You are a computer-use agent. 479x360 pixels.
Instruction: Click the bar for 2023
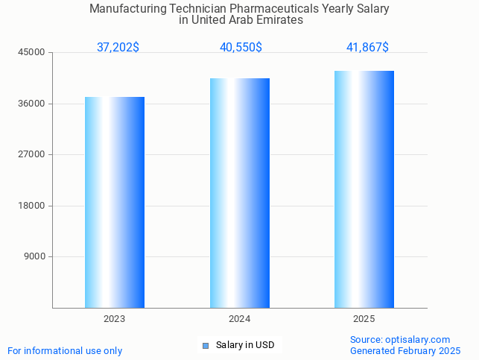pyautogui.click(x=115, y=202)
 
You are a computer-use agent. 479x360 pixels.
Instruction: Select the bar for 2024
pyautogui.click(x=240, y=193)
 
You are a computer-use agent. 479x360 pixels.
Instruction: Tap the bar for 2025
pyautogui.click(x=364, y=189)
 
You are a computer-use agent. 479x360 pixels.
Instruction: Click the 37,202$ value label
pyautogui.click(x=118, y=47)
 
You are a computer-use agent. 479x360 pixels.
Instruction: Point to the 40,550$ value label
pyautogui.click(x=241, y=47)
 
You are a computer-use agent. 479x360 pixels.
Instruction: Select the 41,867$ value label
pyautogui.click(x=367, y=47)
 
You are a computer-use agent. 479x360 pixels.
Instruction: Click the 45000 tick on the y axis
pyautogui.click(x=33, y=52)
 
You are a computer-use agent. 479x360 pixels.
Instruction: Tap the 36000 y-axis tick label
pyautogui.click(x=33, y=104)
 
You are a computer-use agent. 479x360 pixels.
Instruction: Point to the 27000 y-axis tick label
pyautogui.click(x=33, y=154)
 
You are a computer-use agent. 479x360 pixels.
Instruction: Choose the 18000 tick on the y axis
pyautogui.click(x=33, y=206)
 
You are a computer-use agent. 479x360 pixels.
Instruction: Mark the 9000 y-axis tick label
pyautogui.click(x=35, y=256)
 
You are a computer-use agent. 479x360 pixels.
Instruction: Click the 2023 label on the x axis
pyautogui.click(x=115, y=319)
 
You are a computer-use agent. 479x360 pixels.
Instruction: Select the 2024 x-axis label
pyautogui.click(x=240, y=319)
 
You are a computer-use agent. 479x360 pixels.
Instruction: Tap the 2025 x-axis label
pyautogui.click(x=364, y=319)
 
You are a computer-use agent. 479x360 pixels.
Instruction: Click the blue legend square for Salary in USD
pyautogui.click(x=206, y=345)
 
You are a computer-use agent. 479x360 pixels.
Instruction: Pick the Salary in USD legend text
pyautogui.click(x=245, y=345)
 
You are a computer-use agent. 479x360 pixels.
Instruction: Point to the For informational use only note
pyautogui.click(x=65, y=350)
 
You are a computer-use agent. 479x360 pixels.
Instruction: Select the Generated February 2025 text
pyautogui.click(x=405, y=350)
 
